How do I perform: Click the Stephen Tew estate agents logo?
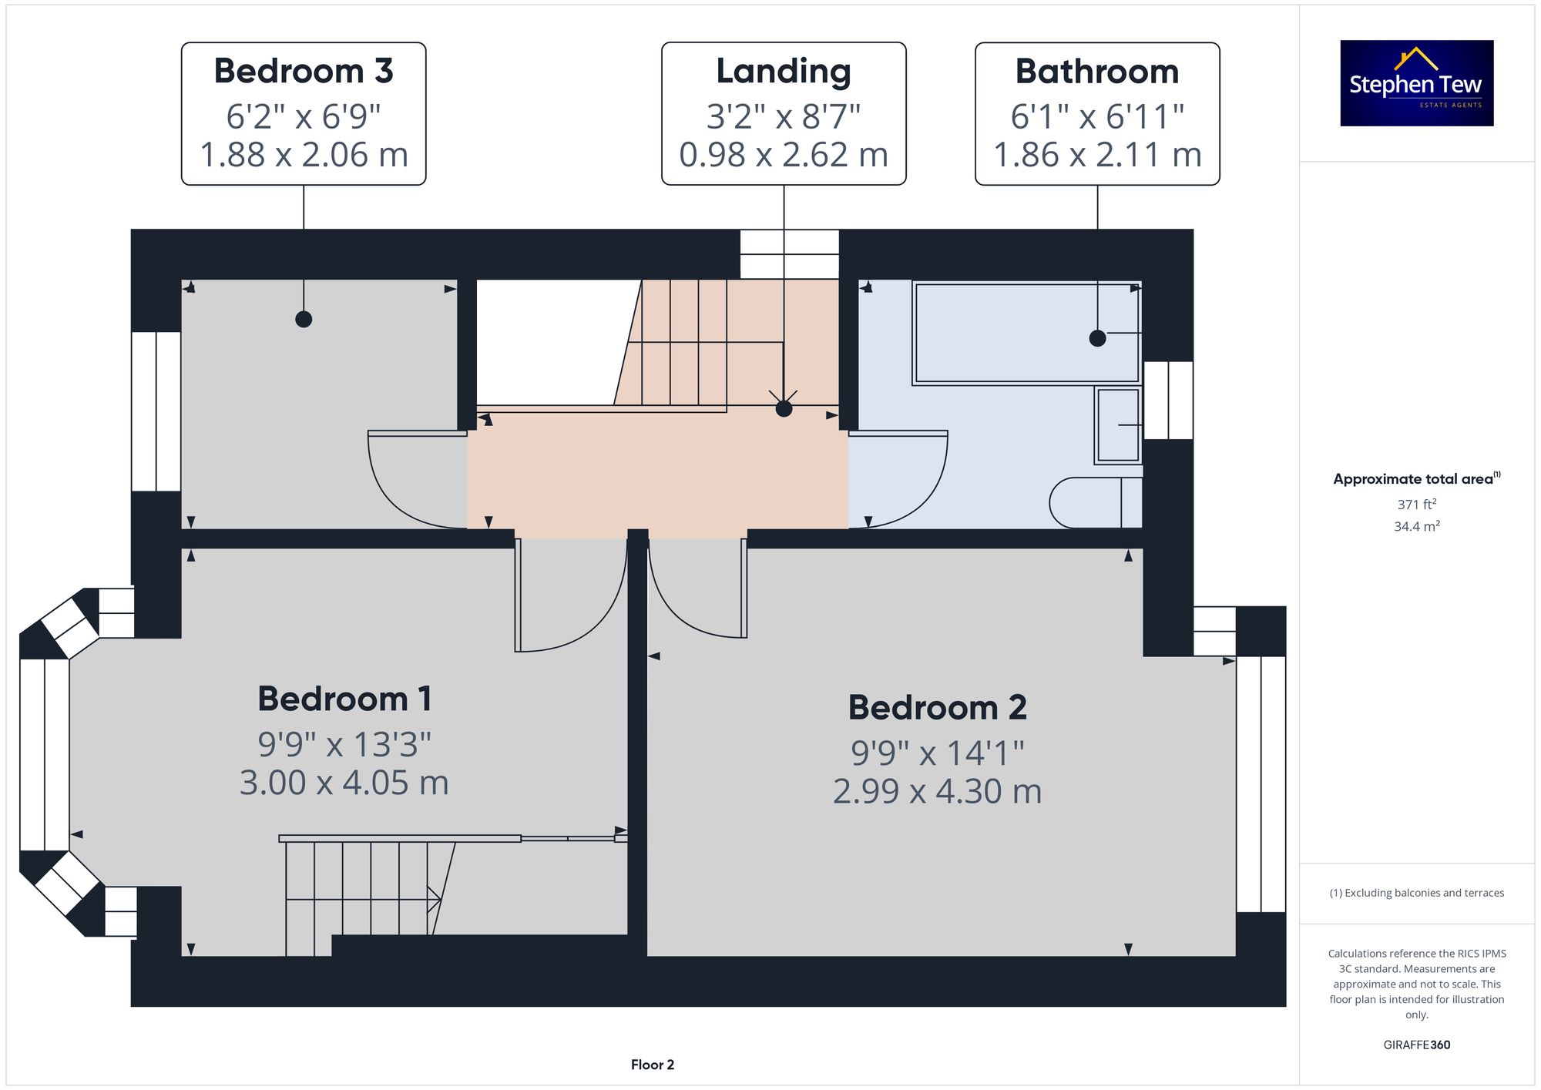click(x=1416, y=83)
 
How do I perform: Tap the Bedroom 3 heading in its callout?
click(x=304, y=71)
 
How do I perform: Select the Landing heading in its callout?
click(x=784, y=72)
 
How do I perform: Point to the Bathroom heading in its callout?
click(x=1097, y=71)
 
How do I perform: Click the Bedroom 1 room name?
click(x=344, y=699)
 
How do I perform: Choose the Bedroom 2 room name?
click(x=938, y=707)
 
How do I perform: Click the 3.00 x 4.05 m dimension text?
click(x=344, y=783)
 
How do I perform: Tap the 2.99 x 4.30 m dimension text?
click(x=938, y=791)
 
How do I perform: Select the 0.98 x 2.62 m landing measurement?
click(x=784, y=154)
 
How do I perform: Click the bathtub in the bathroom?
click(x=1026, y=333)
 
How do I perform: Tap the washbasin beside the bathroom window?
click(x=1118, y=425)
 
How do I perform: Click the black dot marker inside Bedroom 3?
click(x=304, y=319)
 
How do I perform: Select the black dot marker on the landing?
click(x=784, y=408)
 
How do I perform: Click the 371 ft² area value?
click(x=1417, y=505)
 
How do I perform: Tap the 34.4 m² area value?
click(x=1417, y=526)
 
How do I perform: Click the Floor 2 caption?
click(x=653, y=1065)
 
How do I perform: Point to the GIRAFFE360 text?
click(x=1417, y=1045)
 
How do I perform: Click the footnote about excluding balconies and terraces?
click(x=1417, y=893)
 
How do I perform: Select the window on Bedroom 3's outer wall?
click(x=156, y=411)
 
